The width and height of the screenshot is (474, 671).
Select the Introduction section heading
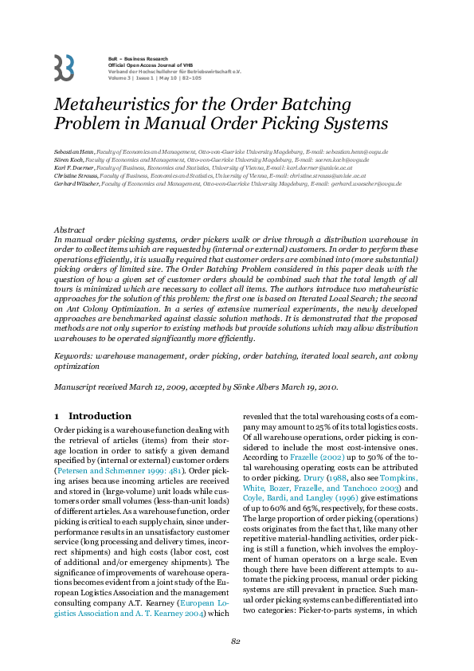[x=100, y=416]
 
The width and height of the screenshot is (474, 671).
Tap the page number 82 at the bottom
[x=237, y=642]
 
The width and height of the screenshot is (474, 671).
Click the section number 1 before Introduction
[x=57, y=416]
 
